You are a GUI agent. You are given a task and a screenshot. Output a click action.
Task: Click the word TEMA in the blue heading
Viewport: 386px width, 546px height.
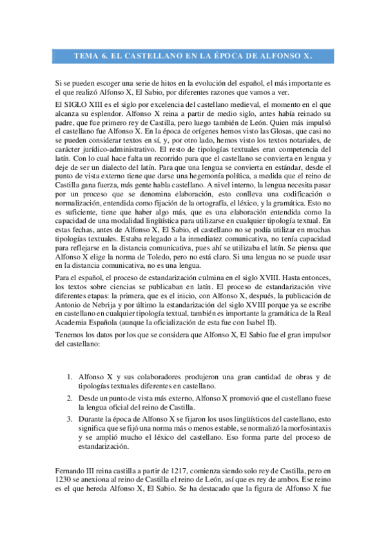(x=86, y=56)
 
